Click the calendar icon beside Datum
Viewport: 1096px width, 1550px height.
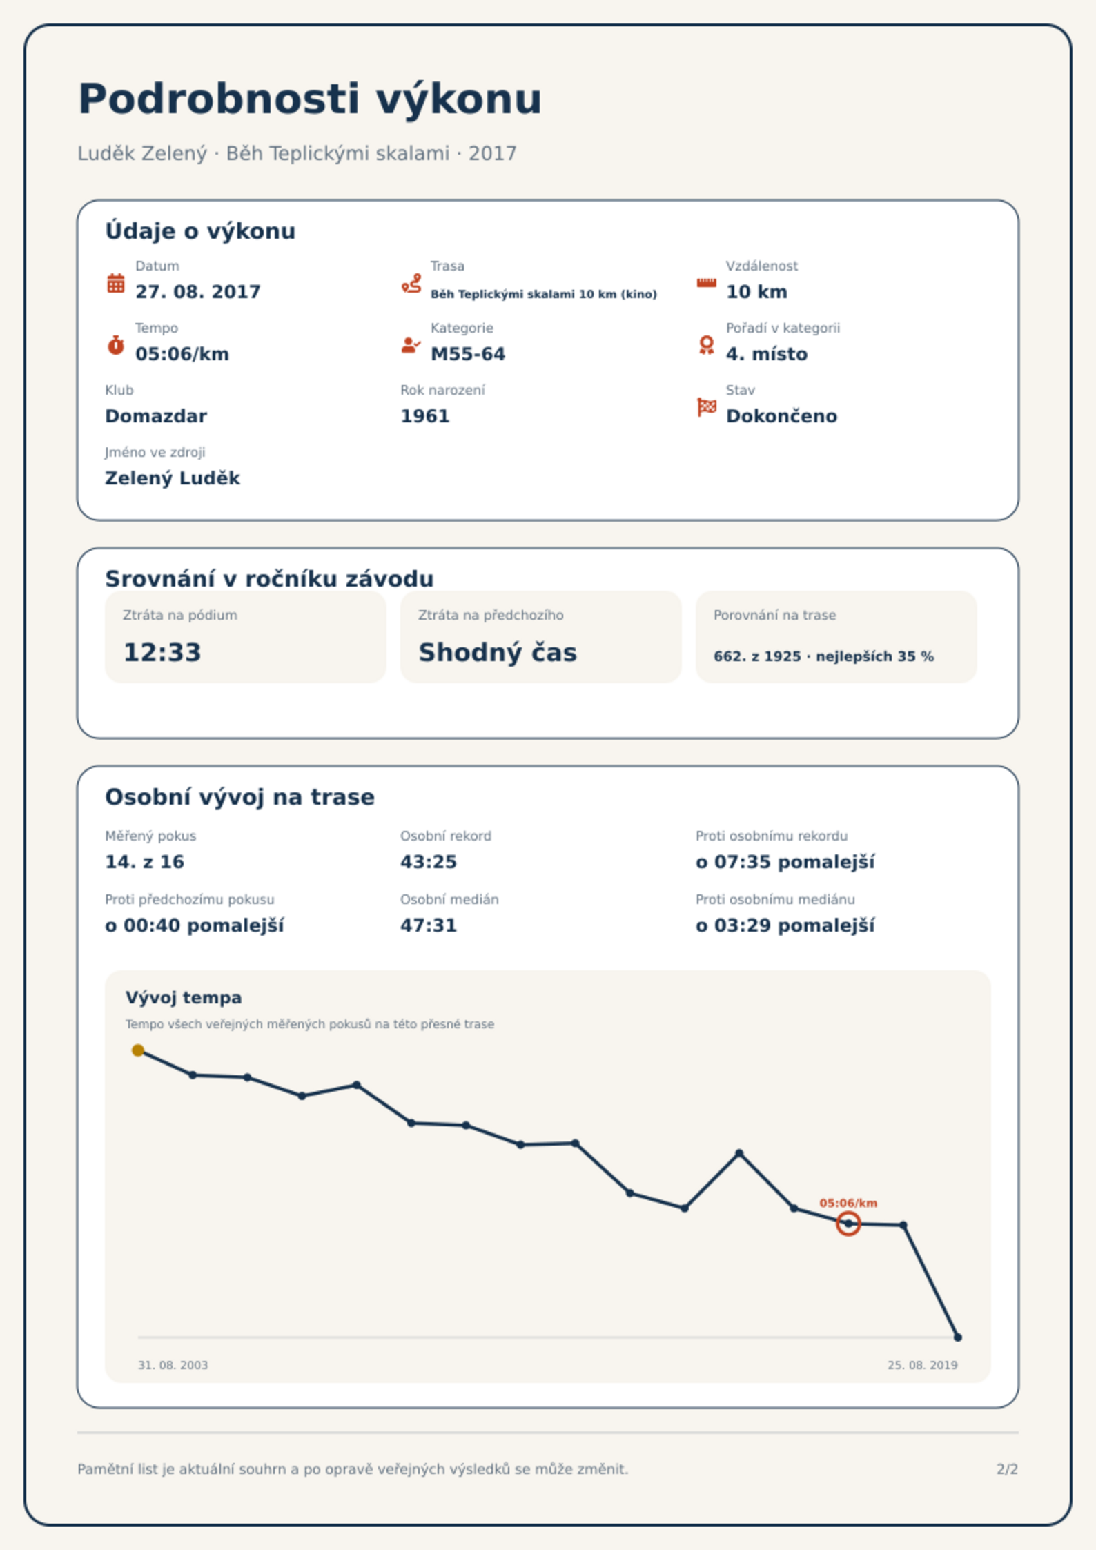coord(116,283)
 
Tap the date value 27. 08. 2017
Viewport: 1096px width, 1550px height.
coord(197,292)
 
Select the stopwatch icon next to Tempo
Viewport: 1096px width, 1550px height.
coord(116,345)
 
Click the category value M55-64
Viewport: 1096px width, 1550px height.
coord(467,354)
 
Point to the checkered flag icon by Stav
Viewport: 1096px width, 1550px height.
coord(707,407)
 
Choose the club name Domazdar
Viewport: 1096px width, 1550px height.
coord(156,416)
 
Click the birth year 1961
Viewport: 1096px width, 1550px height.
coord(424,416)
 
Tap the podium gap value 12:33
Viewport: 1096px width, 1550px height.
coord(162,652)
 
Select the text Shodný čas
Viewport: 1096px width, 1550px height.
coord(498,652)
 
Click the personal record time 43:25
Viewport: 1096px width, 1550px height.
coord(428,862)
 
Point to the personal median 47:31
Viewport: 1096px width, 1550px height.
coord(428,925)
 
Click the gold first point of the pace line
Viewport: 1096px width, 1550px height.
coord(138,1050)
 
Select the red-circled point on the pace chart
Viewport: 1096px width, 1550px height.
coord(848,1224)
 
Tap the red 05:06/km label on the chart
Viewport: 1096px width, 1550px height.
coord(848,1203)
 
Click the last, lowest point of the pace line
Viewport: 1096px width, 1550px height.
coord(957,1337)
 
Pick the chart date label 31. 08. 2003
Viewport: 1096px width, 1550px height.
coord(173,1365)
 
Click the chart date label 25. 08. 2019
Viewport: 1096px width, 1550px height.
coord(922,1365)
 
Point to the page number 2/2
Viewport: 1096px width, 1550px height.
coord(1007,1469)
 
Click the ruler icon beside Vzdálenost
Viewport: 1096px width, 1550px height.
coord(707,283)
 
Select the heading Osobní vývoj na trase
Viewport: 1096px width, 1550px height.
coord(239,797)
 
